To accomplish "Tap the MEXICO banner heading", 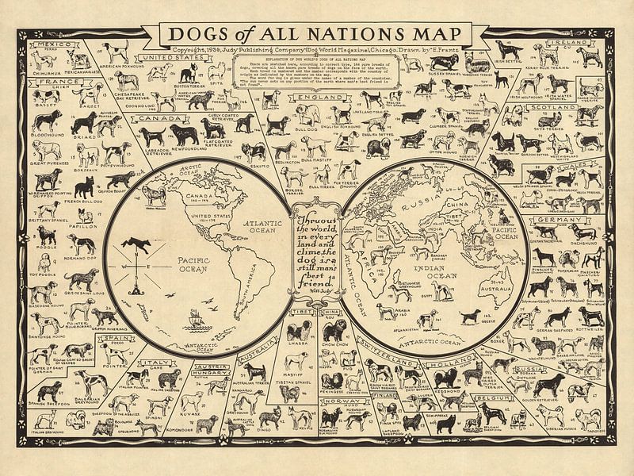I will click(46, 45).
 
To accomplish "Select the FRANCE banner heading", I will click(47, 81).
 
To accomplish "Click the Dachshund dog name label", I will click(583, 233).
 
